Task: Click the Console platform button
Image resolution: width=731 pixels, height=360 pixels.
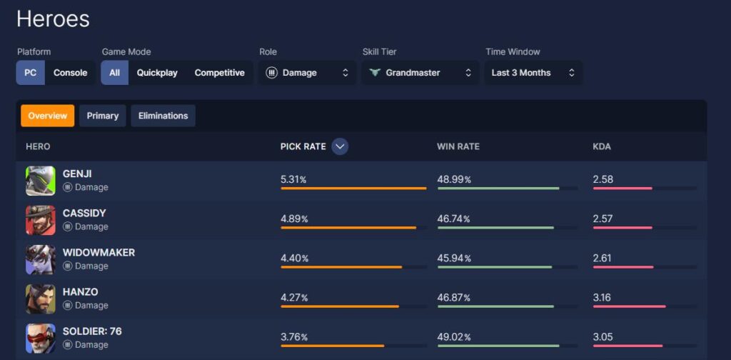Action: [70, 73]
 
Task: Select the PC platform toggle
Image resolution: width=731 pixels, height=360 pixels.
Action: [31, 73]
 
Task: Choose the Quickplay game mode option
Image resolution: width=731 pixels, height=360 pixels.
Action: [157, 73]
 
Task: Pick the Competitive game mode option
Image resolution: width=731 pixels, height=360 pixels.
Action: [219, 73]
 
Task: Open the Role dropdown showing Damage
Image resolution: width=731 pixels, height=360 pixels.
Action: [307, 73]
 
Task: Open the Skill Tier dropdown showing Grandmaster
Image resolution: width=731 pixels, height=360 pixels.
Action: [420, 73]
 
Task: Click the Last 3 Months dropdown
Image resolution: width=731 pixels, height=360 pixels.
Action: [533, 73]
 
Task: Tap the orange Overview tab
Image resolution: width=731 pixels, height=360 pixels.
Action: [48, 116]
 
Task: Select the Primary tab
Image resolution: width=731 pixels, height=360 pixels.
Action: [103, 116]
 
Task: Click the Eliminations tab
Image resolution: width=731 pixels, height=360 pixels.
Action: [163, 116]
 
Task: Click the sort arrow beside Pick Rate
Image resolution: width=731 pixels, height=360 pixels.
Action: [340, 146]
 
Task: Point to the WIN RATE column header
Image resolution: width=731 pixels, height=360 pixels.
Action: [458, 146]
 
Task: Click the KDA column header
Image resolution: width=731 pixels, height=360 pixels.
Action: [602, 146]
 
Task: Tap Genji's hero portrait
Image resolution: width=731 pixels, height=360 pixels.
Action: [40, 181]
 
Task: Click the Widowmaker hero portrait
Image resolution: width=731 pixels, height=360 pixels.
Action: [40, 259]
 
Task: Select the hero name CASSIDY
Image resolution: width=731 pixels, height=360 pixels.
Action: [84, 213]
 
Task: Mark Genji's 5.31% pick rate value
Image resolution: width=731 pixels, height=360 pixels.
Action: [293, 179]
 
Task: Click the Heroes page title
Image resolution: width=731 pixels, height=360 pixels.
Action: [53, 19]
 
